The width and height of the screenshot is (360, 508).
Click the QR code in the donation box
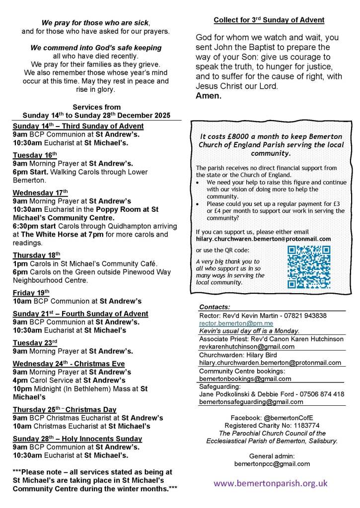(309, 267)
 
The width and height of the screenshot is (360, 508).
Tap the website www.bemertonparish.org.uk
(271, 483)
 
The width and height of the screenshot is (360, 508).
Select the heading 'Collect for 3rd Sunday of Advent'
(269, 20)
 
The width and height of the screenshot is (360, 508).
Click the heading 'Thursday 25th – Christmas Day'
(65, 409)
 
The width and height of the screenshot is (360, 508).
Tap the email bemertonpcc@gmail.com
(272, 464)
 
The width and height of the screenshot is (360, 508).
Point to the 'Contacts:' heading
(215, 307)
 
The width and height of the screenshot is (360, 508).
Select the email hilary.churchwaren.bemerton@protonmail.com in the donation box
(263, 239)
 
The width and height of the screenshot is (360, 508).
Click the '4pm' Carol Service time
(20, 381)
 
